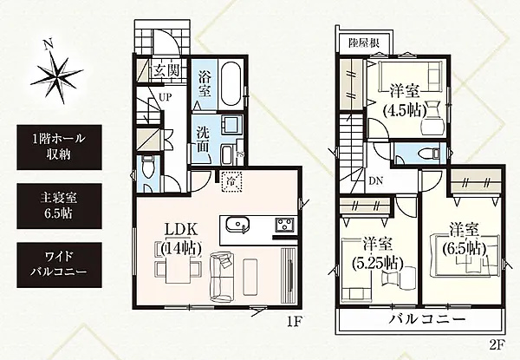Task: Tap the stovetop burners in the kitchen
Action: point(284,227)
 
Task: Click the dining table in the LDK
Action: point(173,268)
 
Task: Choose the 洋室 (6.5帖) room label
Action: point(465,239)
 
